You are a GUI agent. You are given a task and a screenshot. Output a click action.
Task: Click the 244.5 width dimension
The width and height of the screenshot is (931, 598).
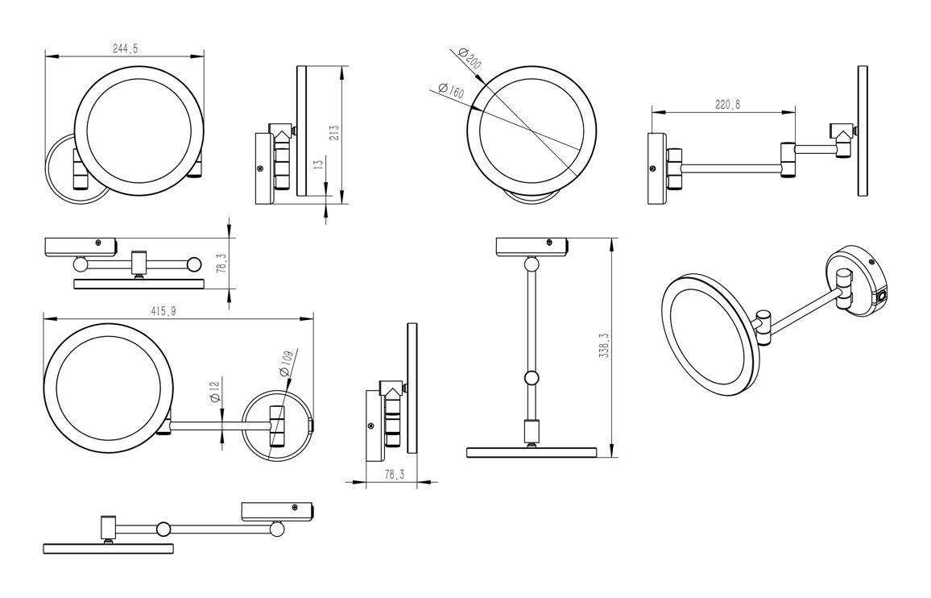click(x=125, y=49)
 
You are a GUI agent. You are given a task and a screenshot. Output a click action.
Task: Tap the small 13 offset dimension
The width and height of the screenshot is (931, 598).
click(x=319, y=164)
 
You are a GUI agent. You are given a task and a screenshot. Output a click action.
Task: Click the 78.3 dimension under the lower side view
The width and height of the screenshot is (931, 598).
click(x=392, y=475)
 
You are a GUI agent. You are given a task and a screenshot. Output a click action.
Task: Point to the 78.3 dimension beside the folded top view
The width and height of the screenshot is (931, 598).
click(x=221, y=263)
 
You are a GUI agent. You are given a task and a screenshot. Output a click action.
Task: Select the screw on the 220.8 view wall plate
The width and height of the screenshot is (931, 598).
click(x=652, y=169)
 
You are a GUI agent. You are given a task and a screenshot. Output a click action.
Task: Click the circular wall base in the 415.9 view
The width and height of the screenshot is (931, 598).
click(x=276, y=425)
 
